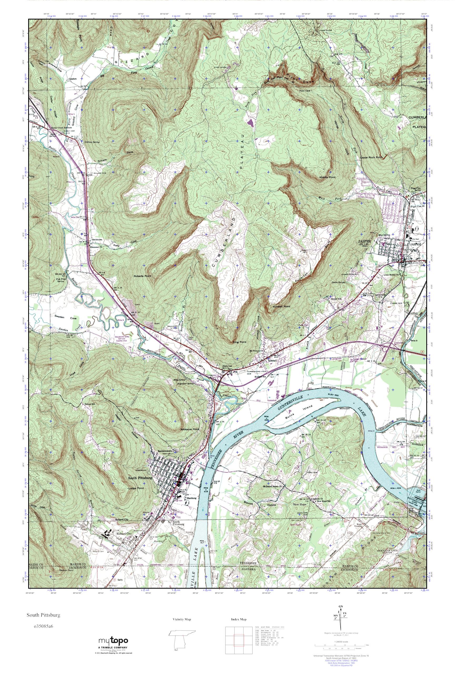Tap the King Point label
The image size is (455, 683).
(x=239, y=342)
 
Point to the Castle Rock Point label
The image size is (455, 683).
(x=371, y=157)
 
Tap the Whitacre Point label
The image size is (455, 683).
(x=190, y=429)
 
